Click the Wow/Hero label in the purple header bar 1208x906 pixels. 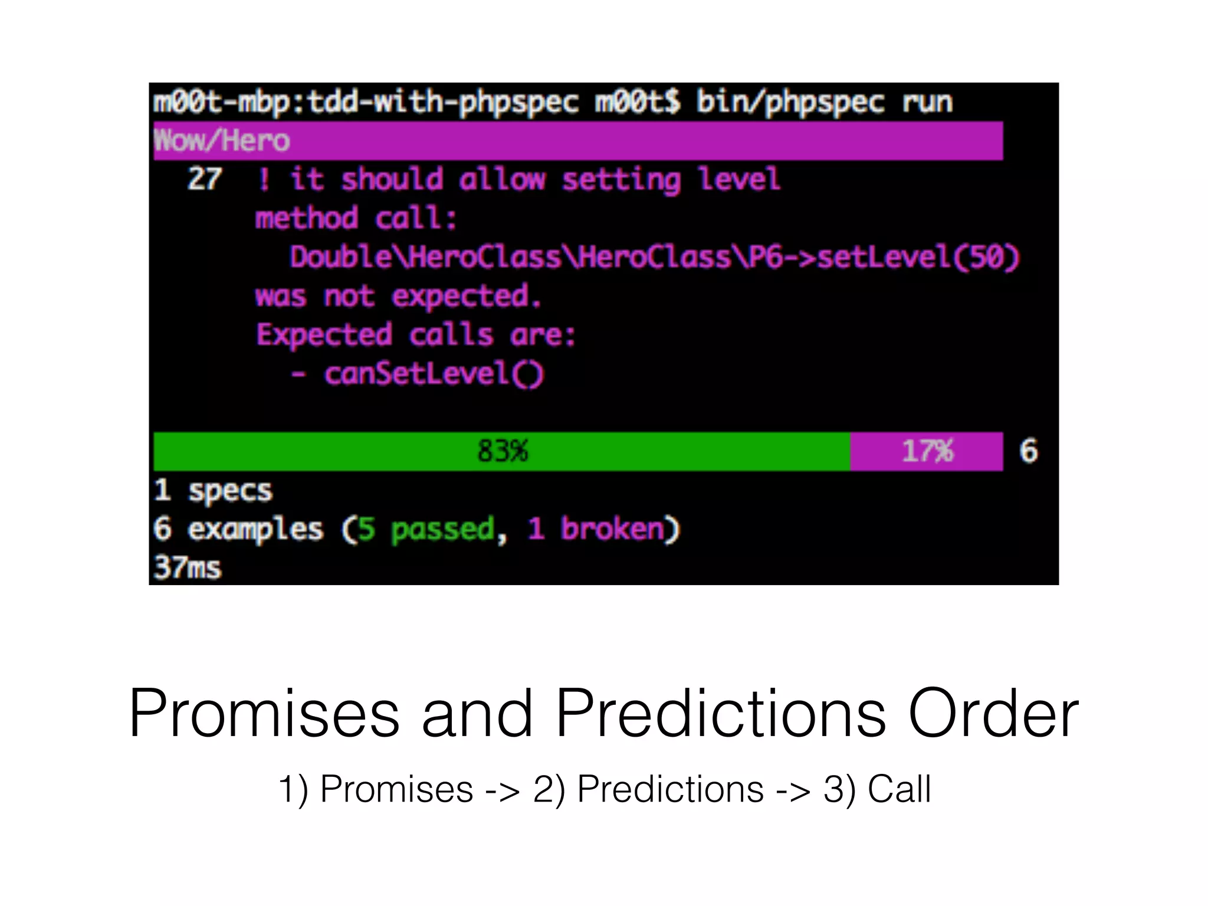click(x=222, y=141)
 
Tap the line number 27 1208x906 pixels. click(x=205, y=179)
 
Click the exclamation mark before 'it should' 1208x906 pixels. click(x=264, y=179)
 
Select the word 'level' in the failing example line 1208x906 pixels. click(x=738, y=179)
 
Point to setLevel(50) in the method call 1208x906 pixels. click(x=918, y=257)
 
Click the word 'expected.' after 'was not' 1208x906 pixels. click(x=466, y=296)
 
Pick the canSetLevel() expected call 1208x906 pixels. click(x=434, y=374)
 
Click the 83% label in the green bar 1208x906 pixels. click(x=503, y=451)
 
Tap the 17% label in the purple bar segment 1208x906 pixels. click(x=927, y=451)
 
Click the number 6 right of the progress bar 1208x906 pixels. click(x=1028, y=451)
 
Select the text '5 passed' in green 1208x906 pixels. click(x=426, y=529)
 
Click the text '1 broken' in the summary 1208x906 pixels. click(x=596, y=529)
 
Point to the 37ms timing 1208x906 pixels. click(x=188, y=567)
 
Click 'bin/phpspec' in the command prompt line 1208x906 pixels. click(x=790, y=102)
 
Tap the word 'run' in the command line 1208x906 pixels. click(x=927, y=102)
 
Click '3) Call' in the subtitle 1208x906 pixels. click(x=877, y=789)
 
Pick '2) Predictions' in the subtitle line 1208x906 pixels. click(x=648, y=789)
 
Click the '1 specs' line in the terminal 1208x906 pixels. click(x=213, y=490)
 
